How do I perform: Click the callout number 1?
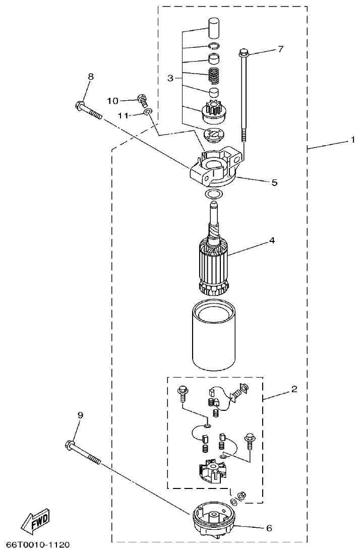pyautogui.click(x=353, y=140)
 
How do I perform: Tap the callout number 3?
pyautogui.click(x=171, y=78)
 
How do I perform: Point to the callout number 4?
pyautogui.click(x=272, y=240)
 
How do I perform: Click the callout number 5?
pyautogui.click(x=274, y=182)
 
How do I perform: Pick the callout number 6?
pyautogui.click(x=269, y=528)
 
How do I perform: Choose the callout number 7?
pyautogui.click(x=280, y=49)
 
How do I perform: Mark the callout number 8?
pyautogui.click(x=91, y=77)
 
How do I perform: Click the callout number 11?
pyautogui.click(x=123, y=115)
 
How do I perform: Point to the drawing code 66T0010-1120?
pyautogui.click(x=38, y=545)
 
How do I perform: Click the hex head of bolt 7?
pyautogui.click(x=244, y=52)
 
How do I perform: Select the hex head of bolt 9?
pyautogui.click(x=70, y=445)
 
